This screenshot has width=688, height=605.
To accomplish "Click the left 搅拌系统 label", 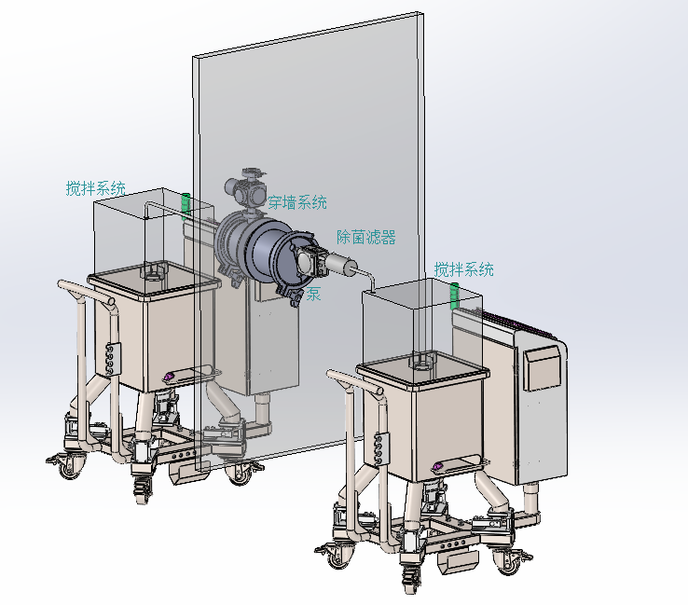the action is tap(96, 188).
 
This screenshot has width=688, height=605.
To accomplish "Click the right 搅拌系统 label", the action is tap(463, 269).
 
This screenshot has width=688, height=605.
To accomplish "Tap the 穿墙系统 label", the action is tap(297, 202).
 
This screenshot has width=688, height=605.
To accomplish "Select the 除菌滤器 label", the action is tap(366, 238).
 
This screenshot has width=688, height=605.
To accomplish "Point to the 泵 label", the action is tap(313, 294).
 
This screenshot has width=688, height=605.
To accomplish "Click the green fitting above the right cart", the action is tap(455, 296).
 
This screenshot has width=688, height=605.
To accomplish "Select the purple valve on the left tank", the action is tap(168, 377).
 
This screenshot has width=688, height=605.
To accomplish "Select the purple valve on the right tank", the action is tap(437, 466).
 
